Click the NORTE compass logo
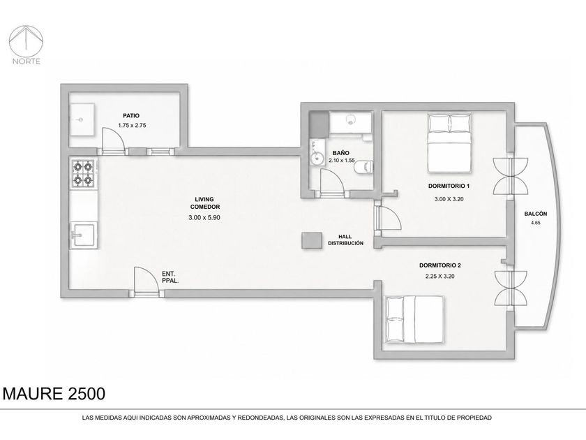click(27, 45)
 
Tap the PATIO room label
click(131, 116)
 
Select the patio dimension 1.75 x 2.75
click(132, 125)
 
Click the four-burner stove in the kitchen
click(83, 173)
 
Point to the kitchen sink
click(84, 234)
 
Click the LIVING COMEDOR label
click(205, 203)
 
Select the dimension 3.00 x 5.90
click(204, 217)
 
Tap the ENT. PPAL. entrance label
click(170, 277)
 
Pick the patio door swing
click(113, 138)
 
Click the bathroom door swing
click(332, 180)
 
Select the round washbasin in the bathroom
click(317, 158)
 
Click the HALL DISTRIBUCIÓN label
click(345, 240)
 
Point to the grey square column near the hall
click(312, 240)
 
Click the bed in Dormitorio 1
click(449, 143)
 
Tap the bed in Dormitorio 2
click(415, 319)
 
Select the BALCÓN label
click(536, 214)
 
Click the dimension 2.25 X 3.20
click(440, 277)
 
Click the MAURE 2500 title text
click(54, 394)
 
